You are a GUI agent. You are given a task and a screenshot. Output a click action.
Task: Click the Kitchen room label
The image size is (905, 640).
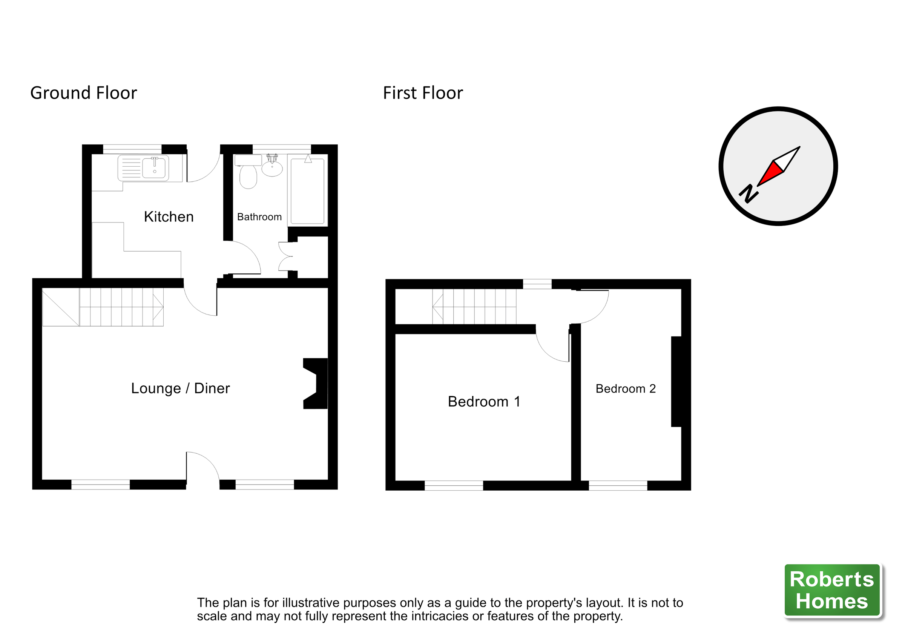tap(169, 217)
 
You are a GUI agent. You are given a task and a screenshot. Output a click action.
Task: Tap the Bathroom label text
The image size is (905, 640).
tap(259, 217)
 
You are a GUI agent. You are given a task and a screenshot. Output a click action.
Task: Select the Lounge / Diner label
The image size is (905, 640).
tap(180, 388)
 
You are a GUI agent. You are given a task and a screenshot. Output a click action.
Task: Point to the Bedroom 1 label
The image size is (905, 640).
tap(484, 401)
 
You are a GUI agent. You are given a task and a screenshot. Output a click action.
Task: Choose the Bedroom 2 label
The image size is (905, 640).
tap(626, 389)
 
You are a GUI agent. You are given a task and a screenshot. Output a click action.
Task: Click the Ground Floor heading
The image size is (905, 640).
tap(84, 93)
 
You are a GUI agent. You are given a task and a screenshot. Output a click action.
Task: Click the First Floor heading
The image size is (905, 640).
tap(423, 93)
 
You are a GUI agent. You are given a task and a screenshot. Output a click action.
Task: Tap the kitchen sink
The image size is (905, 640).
tap(155, 167)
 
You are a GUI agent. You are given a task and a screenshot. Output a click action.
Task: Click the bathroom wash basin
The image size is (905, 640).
tap(272, 168)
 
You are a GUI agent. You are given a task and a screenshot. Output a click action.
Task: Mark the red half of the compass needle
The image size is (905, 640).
tap(771, 173)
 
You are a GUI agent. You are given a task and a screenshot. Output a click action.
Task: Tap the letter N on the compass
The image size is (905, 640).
tap(748, 193)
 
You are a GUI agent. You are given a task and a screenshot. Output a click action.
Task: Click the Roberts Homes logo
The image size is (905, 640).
tap(832, 590)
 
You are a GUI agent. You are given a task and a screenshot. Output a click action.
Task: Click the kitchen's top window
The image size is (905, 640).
tap(132, 149)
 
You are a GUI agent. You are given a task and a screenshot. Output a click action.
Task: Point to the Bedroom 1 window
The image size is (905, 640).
tap(454, 485)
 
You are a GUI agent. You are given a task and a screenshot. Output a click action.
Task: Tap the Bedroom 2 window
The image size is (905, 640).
tap(618, 485)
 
